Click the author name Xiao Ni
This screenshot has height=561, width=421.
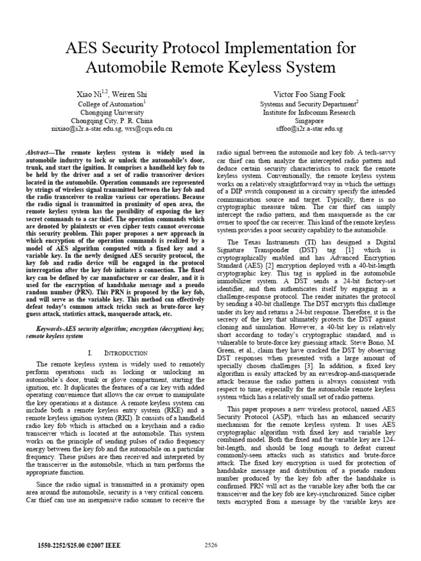(x=88, y=95)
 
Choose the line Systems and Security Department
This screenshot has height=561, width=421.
(x=309, y=104)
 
